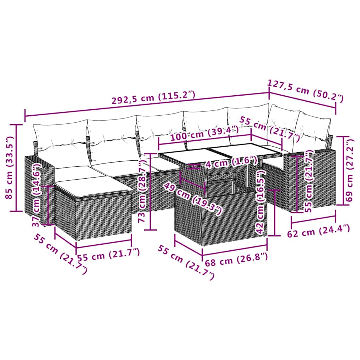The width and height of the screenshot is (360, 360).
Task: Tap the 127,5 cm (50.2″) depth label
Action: click(305, 91)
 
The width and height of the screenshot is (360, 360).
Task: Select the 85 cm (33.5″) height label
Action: click(9, 168)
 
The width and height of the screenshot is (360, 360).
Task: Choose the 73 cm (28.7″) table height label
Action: click(142, 191)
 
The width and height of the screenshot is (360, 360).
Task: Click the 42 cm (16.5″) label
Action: click(261, 202)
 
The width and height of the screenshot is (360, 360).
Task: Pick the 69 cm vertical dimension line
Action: click(343, 171)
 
